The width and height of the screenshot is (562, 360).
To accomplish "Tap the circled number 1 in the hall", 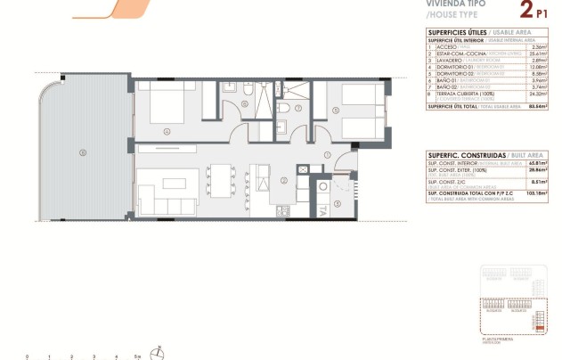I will [x=328, y=155].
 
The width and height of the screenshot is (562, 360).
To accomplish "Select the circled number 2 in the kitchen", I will [x=283, y=181].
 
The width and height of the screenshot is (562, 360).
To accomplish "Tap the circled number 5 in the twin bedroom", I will [x=335, y=110].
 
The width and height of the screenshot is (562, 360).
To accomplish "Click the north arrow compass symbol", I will [x=159, y=350].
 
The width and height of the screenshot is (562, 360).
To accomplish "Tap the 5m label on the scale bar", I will [x=137, y=356].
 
